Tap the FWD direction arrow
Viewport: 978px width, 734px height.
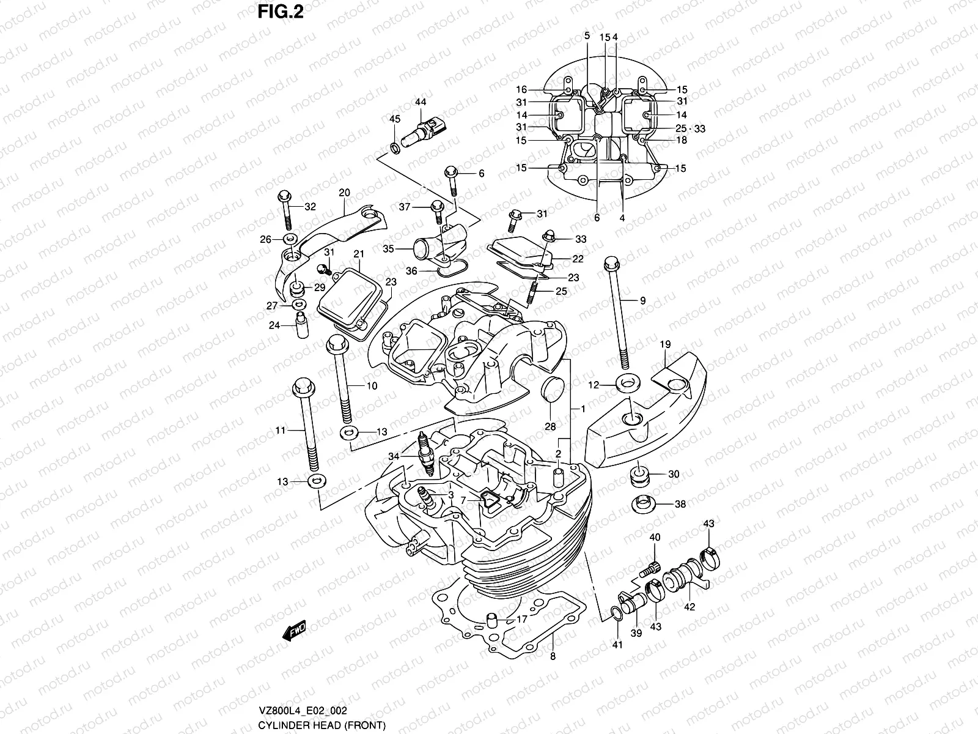click(294, 631)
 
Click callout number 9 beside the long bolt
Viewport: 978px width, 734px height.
click(642, 300)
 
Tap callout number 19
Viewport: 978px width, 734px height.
click(666, 346)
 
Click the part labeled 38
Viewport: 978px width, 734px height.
click(641, 505)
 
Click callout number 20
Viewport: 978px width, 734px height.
click(344, 193)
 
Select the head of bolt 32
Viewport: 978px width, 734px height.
click(284, 197)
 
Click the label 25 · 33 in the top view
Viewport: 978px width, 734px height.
click(691, 128)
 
